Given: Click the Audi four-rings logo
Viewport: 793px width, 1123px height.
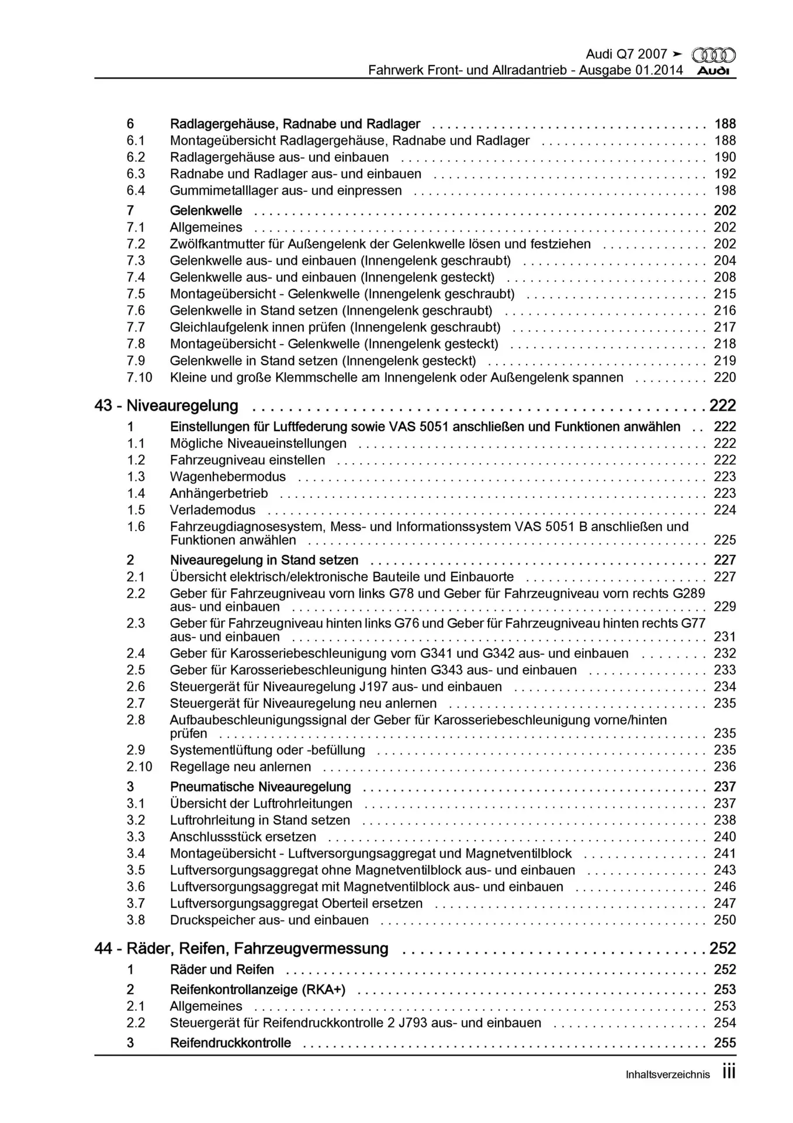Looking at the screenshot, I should [x=714, y=55].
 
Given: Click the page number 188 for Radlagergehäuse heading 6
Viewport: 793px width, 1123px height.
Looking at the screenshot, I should [x=725, y=124].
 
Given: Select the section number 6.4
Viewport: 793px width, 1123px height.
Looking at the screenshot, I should [x=136, y=191].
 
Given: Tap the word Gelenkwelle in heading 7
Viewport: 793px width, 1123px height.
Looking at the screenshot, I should [x=206, y=211].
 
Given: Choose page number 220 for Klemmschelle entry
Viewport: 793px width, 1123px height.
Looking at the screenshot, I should [x=725, y=377].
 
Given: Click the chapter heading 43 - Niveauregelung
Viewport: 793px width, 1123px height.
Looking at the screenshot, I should [x=167, y=405].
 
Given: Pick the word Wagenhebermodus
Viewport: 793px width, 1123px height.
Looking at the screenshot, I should [x=228, y=477].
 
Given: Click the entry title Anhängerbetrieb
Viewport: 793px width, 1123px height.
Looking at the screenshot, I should [x=219, y=493].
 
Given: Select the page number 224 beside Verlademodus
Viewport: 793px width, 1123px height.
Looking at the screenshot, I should [x=725, y=510].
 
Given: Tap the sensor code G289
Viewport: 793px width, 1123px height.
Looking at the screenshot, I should [x=689, y=593].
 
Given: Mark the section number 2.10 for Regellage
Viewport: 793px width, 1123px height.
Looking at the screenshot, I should [x=139, y=767].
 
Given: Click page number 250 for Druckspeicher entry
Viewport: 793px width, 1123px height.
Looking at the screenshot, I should [x=725, y=920].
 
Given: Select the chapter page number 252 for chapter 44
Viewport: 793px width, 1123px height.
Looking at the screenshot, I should [x=722, y=948].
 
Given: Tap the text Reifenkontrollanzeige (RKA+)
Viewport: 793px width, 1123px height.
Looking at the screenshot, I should [x=258, y=990].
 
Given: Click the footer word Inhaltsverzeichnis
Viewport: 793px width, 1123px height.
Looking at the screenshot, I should [x=668, y=1074].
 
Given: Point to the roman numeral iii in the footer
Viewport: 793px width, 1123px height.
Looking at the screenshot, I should [x=729, y=1072].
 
